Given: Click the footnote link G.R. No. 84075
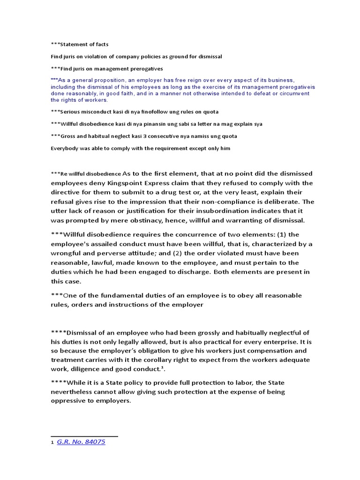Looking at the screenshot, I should pyautogui.click(x=81, y=442).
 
